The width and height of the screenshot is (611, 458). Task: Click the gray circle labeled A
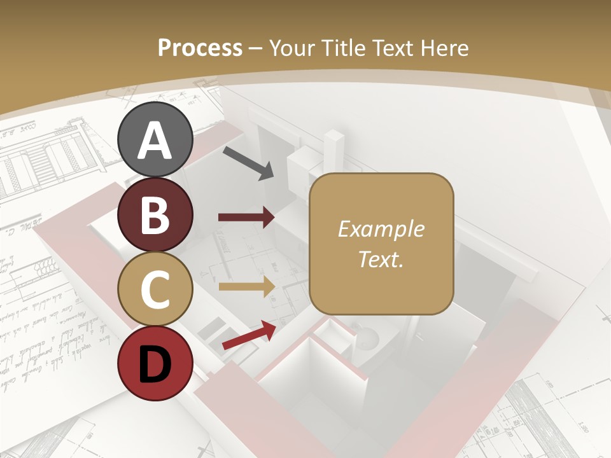[x=155, y=140]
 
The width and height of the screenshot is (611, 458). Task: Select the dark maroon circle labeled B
[x=155, y=215]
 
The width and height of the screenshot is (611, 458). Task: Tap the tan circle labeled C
[x=155, y=289]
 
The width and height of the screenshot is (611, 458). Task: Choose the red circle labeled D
[x=155, y=363]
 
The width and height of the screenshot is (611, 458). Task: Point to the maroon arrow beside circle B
[x=246, y=218]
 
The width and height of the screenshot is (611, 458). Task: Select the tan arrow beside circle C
[x=246, y=287]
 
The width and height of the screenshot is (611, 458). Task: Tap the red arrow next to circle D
[x=249, y=335]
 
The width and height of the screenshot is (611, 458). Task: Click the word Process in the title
[x=200, y=48]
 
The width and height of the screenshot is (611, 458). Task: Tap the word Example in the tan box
[x=381, y=230]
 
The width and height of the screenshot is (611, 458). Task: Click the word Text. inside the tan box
[x=381, y=259]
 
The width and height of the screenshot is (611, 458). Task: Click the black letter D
[x=155, y=364]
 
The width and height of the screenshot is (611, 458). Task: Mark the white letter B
[x=155, y=215]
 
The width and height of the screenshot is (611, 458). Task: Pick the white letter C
[x=155, y=289]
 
